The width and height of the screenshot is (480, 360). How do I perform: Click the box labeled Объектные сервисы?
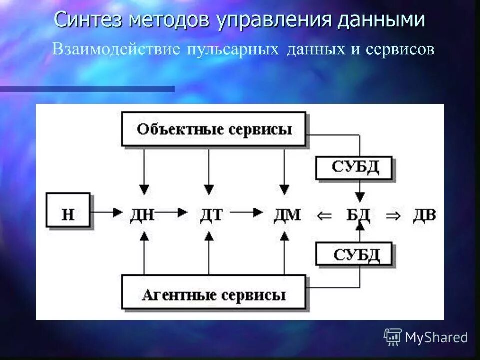[213, 129]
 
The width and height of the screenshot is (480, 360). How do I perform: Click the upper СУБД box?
[354, 167]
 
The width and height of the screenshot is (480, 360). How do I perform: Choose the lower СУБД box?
[354, 255]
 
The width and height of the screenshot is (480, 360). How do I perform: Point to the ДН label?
[142, 215]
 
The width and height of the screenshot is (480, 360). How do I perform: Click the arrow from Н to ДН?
[108, 212]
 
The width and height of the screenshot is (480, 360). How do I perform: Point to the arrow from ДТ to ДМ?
[247, 212]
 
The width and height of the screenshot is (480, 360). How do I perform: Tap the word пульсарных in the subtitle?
[232, 49]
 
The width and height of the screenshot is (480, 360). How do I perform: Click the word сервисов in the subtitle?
[400, 49]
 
